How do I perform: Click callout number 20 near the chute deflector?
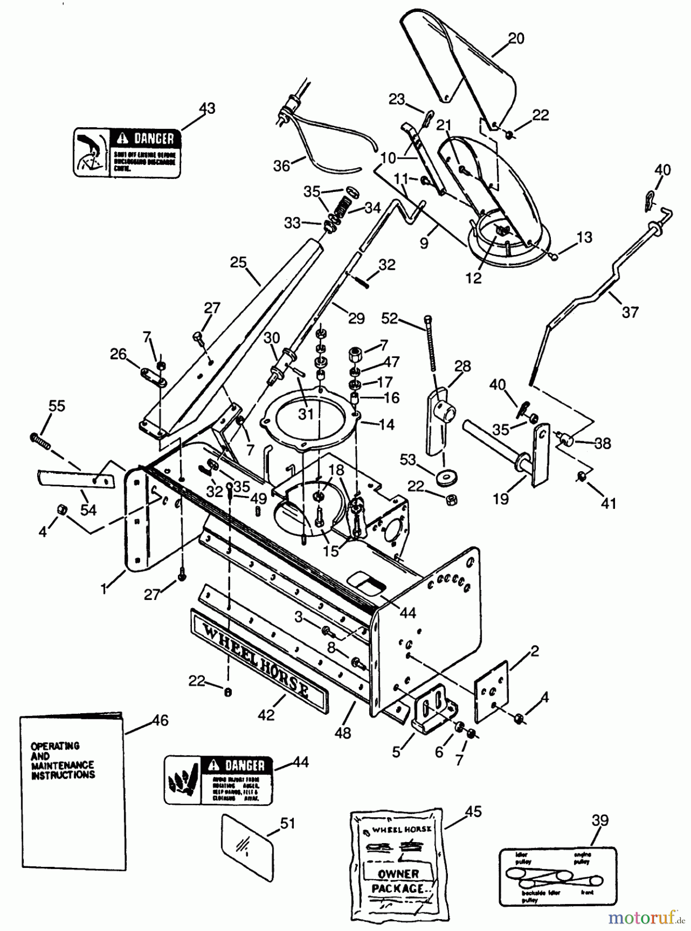point(516,39)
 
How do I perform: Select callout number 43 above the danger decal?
point(207,109)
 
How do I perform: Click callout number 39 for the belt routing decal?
point(600,820)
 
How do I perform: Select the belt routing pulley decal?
point(558,878)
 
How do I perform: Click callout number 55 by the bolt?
point(57,406)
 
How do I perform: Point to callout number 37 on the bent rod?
point(630,312)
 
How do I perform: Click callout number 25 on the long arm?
point(238,263)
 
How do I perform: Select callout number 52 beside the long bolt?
point(389,319)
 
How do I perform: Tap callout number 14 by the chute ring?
point(386,425)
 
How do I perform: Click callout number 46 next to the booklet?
point(160,720)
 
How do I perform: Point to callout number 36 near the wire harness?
point(282,166)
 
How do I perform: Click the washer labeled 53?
point(443,478)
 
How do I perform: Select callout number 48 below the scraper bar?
point(343,732)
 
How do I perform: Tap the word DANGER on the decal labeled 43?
point(154,138)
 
